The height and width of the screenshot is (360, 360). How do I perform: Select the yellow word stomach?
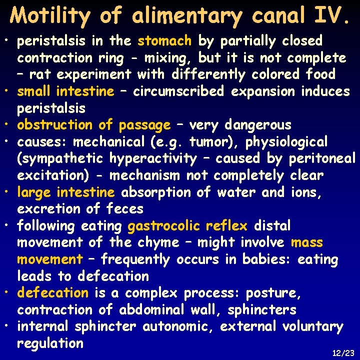(164, 40)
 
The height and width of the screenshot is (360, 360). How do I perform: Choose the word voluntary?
(312, 327)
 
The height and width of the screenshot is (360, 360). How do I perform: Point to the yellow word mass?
(307, 243)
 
